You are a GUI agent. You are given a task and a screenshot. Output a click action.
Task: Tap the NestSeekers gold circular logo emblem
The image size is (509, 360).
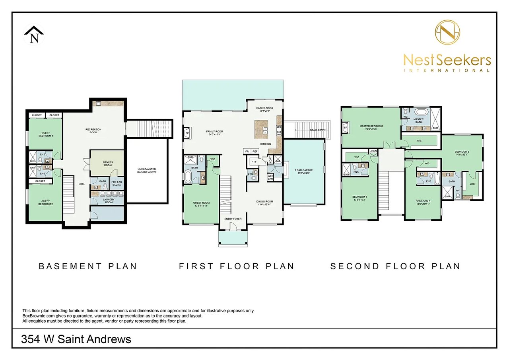[x=447, y=33]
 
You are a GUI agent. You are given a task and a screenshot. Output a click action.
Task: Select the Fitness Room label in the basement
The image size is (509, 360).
[x=107, y=163]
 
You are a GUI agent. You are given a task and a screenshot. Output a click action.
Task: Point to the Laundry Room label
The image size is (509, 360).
[x=108, y=201]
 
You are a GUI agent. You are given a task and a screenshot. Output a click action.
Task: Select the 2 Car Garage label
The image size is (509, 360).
[x=304, y=171]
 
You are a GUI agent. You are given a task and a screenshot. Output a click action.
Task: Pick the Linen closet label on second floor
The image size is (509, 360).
[x=373, y=151]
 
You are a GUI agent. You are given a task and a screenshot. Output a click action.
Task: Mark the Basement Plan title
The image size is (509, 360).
[x=87, y=266]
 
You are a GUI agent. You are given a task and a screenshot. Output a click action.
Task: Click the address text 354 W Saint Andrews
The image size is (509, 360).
[x=76, y=339]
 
